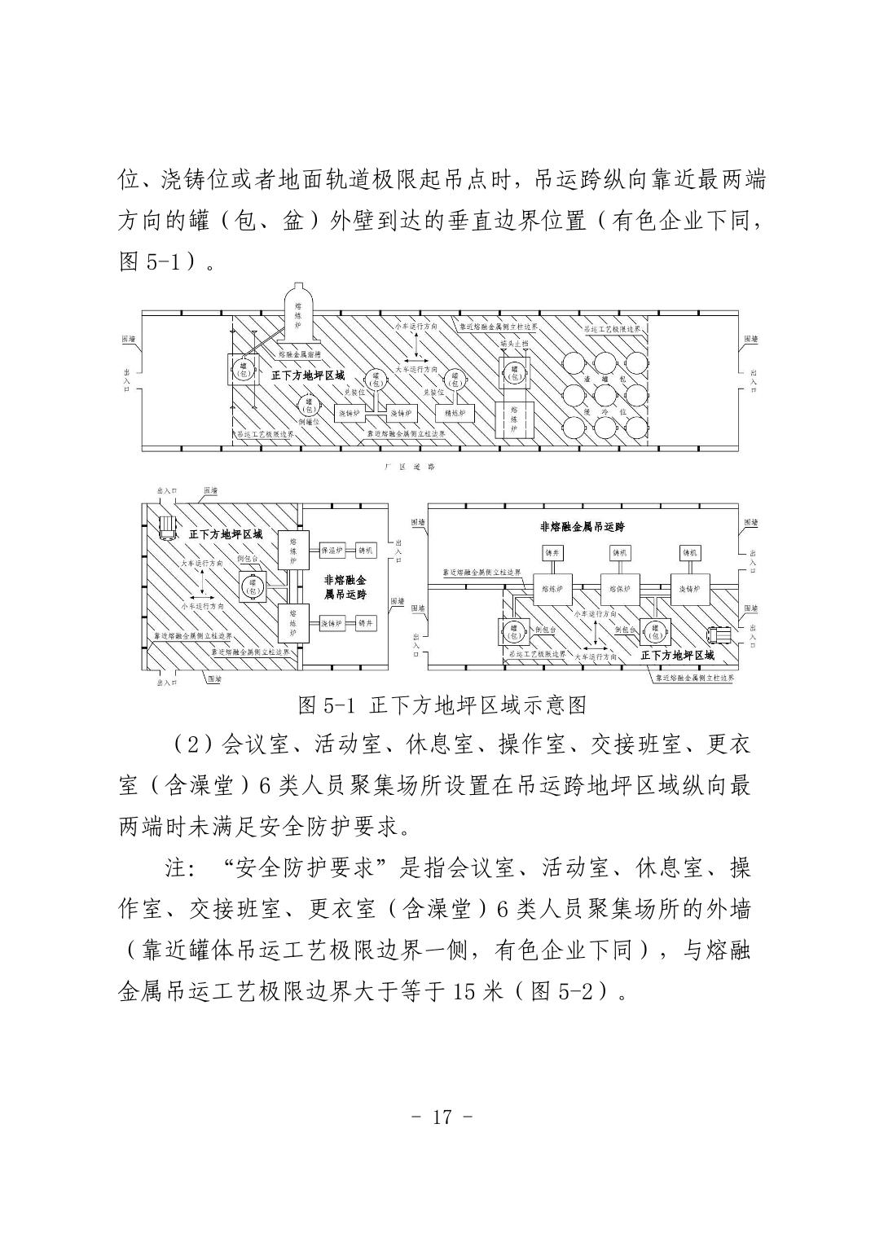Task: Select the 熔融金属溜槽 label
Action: [x=298, y=355]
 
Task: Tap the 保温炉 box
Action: [x=333, y=550]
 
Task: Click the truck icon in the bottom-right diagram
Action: [x=721, y=637]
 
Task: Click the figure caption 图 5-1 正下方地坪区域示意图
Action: [x=442, y=705]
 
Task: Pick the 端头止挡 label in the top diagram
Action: [x=514, y=344]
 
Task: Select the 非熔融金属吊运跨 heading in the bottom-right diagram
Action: [x=583, y=526]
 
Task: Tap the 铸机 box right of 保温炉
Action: [x=365, y=550]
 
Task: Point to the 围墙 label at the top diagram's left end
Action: [x=128, y=339]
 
